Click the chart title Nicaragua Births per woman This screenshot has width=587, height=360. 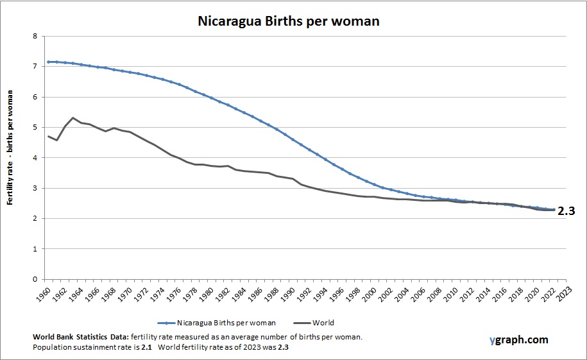(x=288, y=21)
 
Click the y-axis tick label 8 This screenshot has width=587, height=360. (x=34, y=37)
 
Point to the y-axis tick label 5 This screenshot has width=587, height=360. (x=34, y=128)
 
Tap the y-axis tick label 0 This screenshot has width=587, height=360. (x=34, y=280)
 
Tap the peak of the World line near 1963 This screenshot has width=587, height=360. (x=73, y=118)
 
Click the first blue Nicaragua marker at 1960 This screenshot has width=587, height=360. (x=48, y=62)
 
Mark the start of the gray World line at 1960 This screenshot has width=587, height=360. (x=48, y=136)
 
